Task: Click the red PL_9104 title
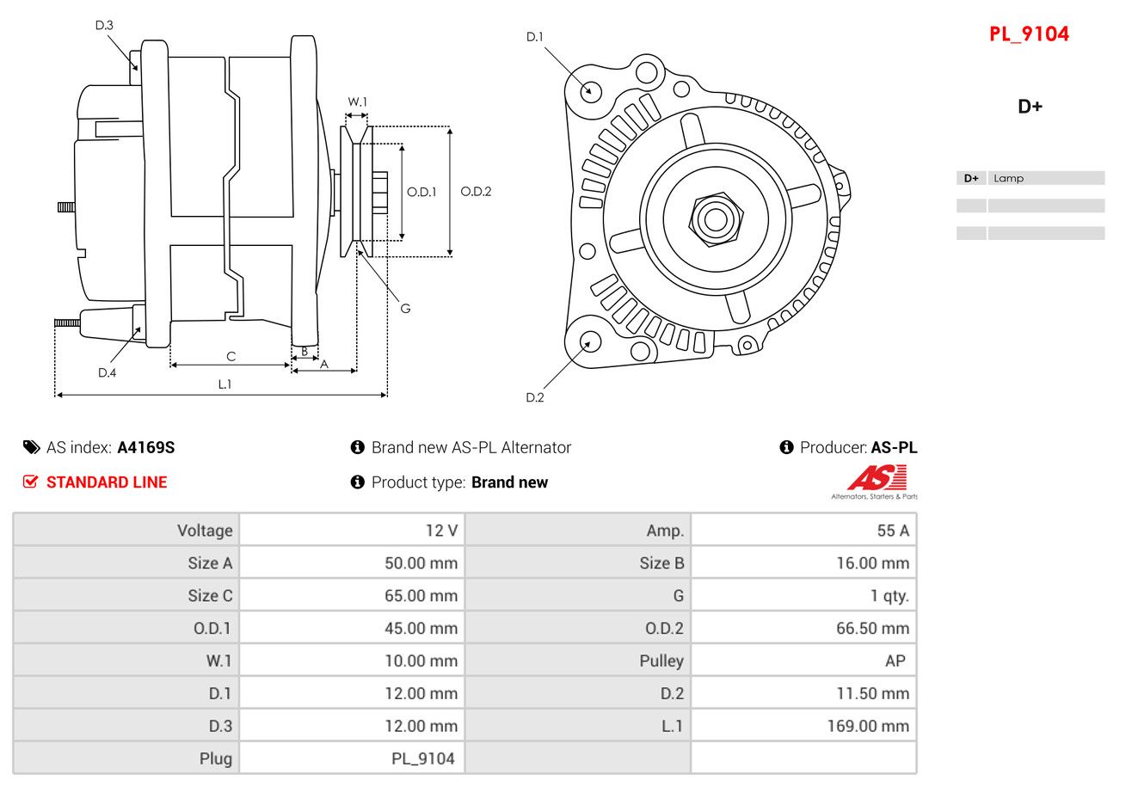tap(1029, 34)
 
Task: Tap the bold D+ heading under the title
tap(1030, 107)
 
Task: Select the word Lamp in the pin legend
tap(1008, 179)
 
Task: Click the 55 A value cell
tap(892, 531)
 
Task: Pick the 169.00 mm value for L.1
tap(867, 726)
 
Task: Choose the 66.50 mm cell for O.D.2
tap(872, 629)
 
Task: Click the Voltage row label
tap(205, 531)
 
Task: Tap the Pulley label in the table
tap(661, 660)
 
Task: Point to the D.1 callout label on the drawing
tap(535, 37)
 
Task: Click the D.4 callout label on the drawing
tap(107, 372)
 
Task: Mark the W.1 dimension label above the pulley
tap(358, 102)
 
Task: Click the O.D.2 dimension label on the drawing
tap(476, 192)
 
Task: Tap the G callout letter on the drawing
tap(405, 309)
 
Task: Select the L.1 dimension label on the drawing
tap(225, 384)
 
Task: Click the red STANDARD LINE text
tap(107, 482)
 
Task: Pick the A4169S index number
tap(146, 447)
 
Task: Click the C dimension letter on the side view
tap(231, 356)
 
